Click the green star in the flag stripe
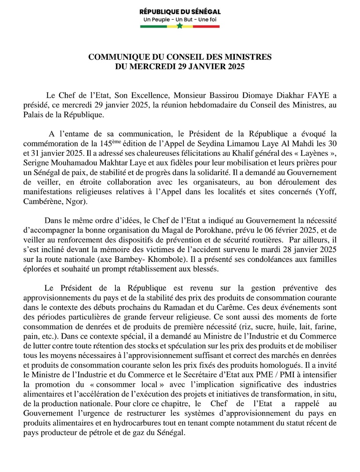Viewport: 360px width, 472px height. pyautogui.click(x=180, y=26)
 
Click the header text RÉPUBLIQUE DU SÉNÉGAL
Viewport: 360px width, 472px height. pyautogui.click(x=180, y=12)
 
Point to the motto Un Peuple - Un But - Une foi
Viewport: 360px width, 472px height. pyautogui.click(x=180, y=20)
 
